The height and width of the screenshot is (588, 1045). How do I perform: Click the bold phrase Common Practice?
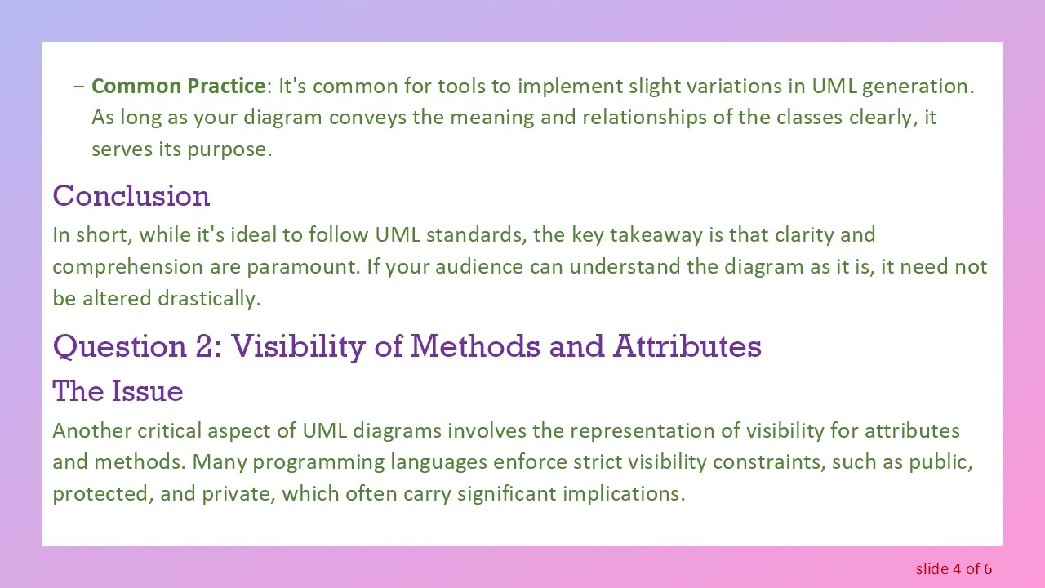[x=178, y=86]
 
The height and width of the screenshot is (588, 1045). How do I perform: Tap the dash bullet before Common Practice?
[x=78, y=86]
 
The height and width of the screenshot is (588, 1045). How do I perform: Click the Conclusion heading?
[x=131, y=196]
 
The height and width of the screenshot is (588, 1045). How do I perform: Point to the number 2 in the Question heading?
[x=203, y=346]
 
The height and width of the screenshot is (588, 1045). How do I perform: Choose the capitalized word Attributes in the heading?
[x=687, y=346]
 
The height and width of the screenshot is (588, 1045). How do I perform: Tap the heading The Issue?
[x=118, y=391]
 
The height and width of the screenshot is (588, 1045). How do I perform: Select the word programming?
[x=318, y=462]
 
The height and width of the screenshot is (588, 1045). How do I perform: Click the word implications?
[x=623, y=494]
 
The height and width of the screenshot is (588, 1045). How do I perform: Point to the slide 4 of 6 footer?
[x=954, y=568]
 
